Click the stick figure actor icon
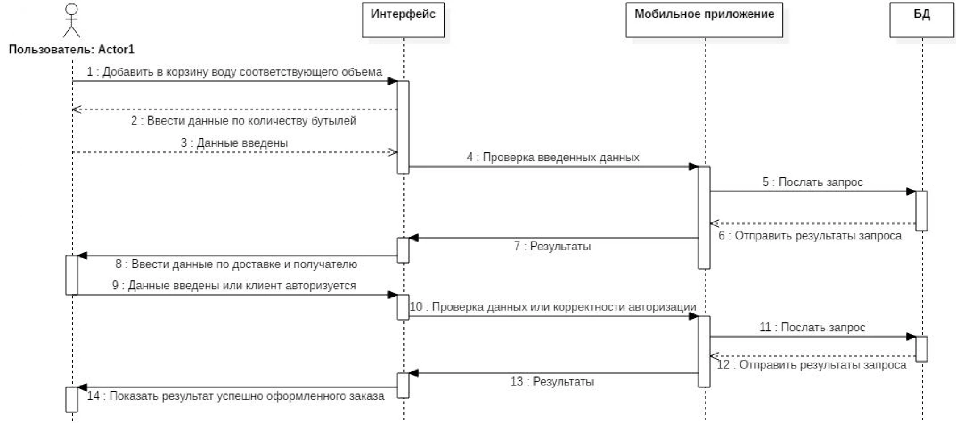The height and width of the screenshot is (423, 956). point(72,20)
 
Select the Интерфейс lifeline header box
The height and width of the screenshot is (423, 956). point(403,20)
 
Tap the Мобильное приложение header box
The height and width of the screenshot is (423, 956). point(705,20)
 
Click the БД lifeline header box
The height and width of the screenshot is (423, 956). point(922,20)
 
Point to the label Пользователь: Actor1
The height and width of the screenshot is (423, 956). point(72,49)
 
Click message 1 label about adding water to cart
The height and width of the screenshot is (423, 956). point(235,72)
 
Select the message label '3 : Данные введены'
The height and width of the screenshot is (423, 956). point(234,143)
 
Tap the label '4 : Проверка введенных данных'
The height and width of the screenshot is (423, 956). point(553,157)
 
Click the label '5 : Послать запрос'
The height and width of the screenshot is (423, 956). point(812,182)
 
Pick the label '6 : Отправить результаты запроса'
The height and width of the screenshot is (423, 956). point(810,236)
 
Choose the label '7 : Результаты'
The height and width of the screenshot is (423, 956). point(553,246)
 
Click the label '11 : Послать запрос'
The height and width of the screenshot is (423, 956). point(812,327)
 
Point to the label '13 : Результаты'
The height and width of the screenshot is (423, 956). point(552,382)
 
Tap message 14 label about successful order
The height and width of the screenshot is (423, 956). point(236,396)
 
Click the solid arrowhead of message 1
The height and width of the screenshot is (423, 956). point(392,81)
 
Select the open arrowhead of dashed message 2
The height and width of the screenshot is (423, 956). point(77,110)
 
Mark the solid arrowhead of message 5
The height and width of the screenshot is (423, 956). point(911,192)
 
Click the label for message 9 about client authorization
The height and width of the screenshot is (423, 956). point(234,286)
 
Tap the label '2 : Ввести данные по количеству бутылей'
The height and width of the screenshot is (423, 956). point(243,121)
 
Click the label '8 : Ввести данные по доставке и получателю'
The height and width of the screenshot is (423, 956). point(236,264)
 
